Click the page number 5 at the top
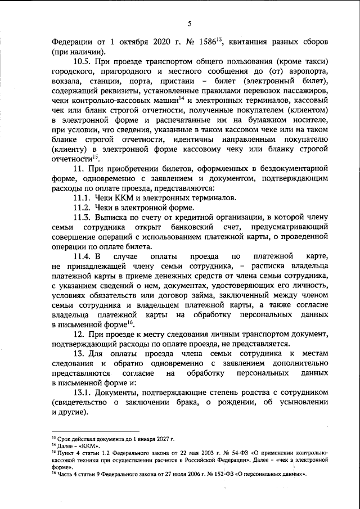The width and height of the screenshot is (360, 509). pyautogui.click(x=190, y=23)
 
